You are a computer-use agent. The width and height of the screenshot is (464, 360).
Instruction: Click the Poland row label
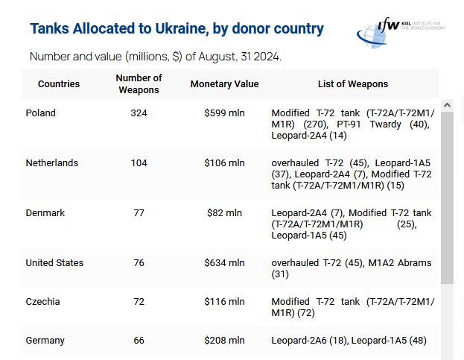pos(40,113)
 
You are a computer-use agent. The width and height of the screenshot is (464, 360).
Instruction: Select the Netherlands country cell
pos(51,163)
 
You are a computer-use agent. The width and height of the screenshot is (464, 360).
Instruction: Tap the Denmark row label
pos(45,213)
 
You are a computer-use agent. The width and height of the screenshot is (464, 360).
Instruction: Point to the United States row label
pos(54,263)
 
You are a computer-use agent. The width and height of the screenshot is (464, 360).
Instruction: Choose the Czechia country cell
pos(42,302)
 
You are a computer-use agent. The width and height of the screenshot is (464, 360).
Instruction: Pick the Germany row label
pos(45,341)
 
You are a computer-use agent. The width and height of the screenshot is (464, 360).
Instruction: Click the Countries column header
pos(59,84)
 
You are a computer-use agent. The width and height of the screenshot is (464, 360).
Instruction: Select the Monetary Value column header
pos(224,84)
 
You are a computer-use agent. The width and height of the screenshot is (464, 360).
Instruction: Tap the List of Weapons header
pos(352,84)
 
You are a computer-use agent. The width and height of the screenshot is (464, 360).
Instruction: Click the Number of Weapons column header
pos(139,84)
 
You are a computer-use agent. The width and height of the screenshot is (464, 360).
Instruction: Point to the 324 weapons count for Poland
pos(139,113)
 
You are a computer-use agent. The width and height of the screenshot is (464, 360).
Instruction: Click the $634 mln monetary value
pos(224,263)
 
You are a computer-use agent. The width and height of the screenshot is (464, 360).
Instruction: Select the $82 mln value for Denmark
pos(224,213)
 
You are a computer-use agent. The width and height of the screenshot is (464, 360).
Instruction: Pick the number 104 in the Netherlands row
pos(139,163)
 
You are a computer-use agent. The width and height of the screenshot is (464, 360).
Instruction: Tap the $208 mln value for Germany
pos(224,341)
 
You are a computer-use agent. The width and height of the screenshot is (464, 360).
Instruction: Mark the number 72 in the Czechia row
pos(139,302)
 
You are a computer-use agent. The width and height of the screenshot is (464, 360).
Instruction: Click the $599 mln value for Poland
pos(224,113)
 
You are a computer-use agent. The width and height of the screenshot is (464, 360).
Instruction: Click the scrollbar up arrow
pos(447,106)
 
